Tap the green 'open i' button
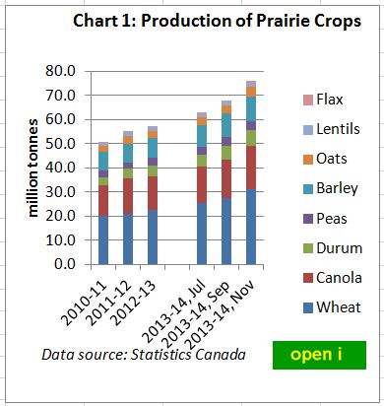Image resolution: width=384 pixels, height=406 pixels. pyautogui.click(x=319, y=355)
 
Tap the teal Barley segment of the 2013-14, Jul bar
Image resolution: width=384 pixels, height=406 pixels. pyautogui.click(x=202, y=135)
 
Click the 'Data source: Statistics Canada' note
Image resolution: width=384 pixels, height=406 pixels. pyautogui.click(x=144, y=354)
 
